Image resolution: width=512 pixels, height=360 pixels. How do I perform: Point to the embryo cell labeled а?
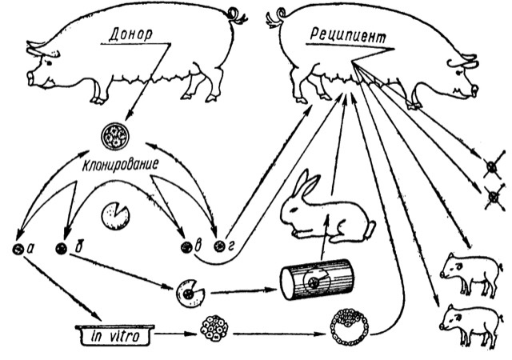pyautogui.click(x=18, y=249)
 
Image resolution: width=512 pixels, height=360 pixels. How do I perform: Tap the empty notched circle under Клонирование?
pyautogui.click(x=117, y=214)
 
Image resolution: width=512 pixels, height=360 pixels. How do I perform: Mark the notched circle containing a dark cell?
pyautogui.click(x=189, y=293)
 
